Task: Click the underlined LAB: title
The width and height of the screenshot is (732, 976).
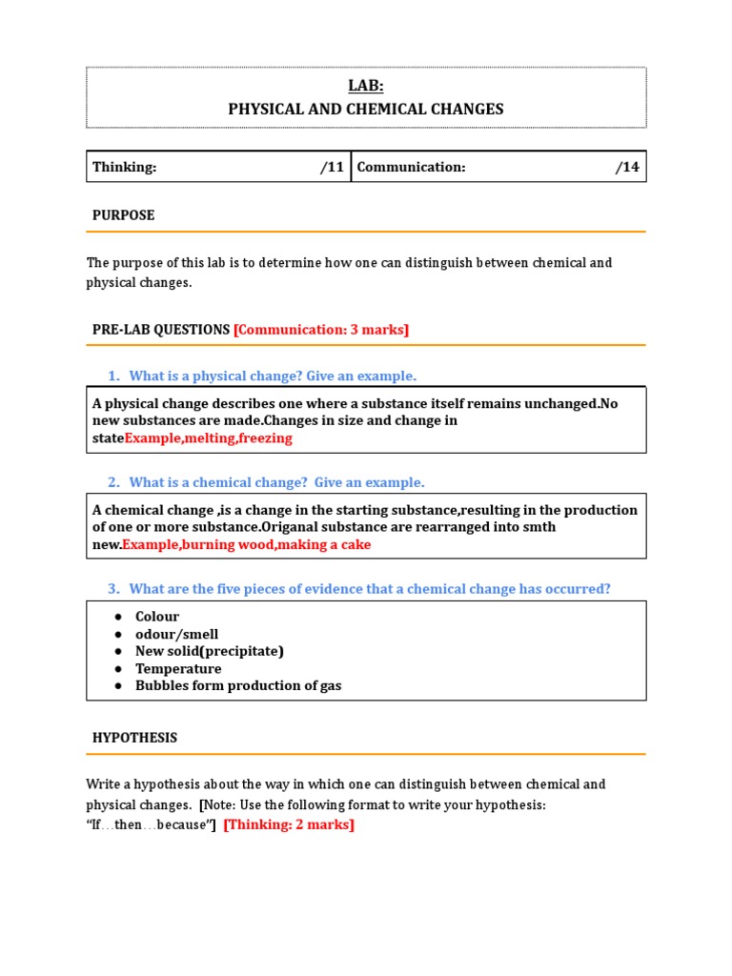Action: pos(365,86)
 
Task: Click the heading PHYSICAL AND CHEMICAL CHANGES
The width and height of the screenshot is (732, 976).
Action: pos(365,110)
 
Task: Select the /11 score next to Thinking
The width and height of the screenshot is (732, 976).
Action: pos(332,168)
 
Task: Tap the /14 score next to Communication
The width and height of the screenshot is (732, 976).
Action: pos(627,168)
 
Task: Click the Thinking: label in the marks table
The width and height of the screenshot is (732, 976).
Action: pos(124,168)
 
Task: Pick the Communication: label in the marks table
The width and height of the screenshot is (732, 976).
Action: pos(411,168)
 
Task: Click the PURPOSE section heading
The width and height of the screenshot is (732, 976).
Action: pos(123,215)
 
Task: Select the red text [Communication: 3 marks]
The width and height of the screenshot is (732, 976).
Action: pos(321,330)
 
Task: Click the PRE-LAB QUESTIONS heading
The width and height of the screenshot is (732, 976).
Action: pos(160,330)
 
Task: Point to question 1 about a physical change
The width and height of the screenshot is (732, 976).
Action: pos(273,376)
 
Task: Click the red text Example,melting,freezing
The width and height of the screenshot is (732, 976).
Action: pos(209,438)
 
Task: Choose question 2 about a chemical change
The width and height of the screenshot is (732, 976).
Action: pos(276,482)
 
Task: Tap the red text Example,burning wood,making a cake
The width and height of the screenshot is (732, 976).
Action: pos(247,544)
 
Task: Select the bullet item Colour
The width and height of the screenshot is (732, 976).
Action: pos(157,617)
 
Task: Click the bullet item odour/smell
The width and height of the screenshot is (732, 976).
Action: pos(176,634)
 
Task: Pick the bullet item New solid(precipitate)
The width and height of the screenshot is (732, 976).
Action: pos(210,651)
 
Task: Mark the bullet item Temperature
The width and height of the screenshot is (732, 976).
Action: pos(178,668)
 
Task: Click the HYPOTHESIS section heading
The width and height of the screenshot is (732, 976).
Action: pos(134,738)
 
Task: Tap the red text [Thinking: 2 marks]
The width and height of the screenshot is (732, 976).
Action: pos(289,824)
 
